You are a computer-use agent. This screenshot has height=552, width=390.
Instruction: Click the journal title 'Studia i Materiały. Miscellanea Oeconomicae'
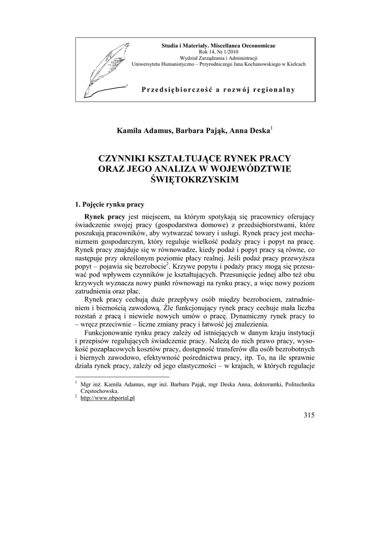pyautogui.click(x=218, y=43)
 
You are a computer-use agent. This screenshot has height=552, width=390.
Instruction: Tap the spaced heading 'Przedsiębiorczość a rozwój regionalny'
pyautogui.click(x=218, y=89)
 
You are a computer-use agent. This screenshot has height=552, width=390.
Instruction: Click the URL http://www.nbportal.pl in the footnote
pyautogui.click(x=107, y=397)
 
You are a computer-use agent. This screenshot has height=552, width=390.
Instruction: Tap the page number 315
pyautogui.click(x=309, y=415)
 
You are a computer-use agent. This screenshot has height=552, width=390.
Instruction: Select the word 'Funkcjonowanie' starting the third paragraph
pyautogui.click(x=112, y=333)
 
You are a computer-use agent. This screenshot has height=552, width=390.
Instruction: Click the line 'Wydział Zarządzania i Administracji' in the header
pyautogui.click(x=218, y=57)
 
